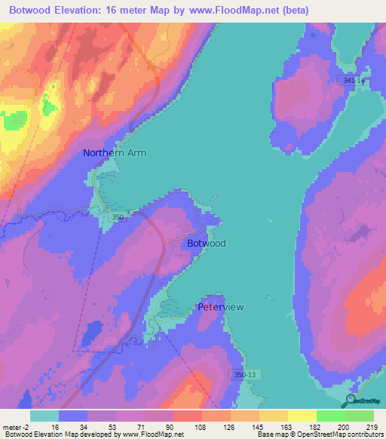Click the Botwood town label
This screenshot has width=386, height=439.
pos(206,244)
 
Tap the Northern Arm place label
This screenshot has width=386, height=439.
pos(115,152)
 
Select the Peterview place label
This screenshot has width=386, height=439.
pos(220,307)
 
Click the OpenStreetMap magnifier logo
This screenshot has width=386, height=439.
pos(348,401)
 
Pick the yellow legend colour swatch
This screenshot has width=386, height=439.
pos(302,416)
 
